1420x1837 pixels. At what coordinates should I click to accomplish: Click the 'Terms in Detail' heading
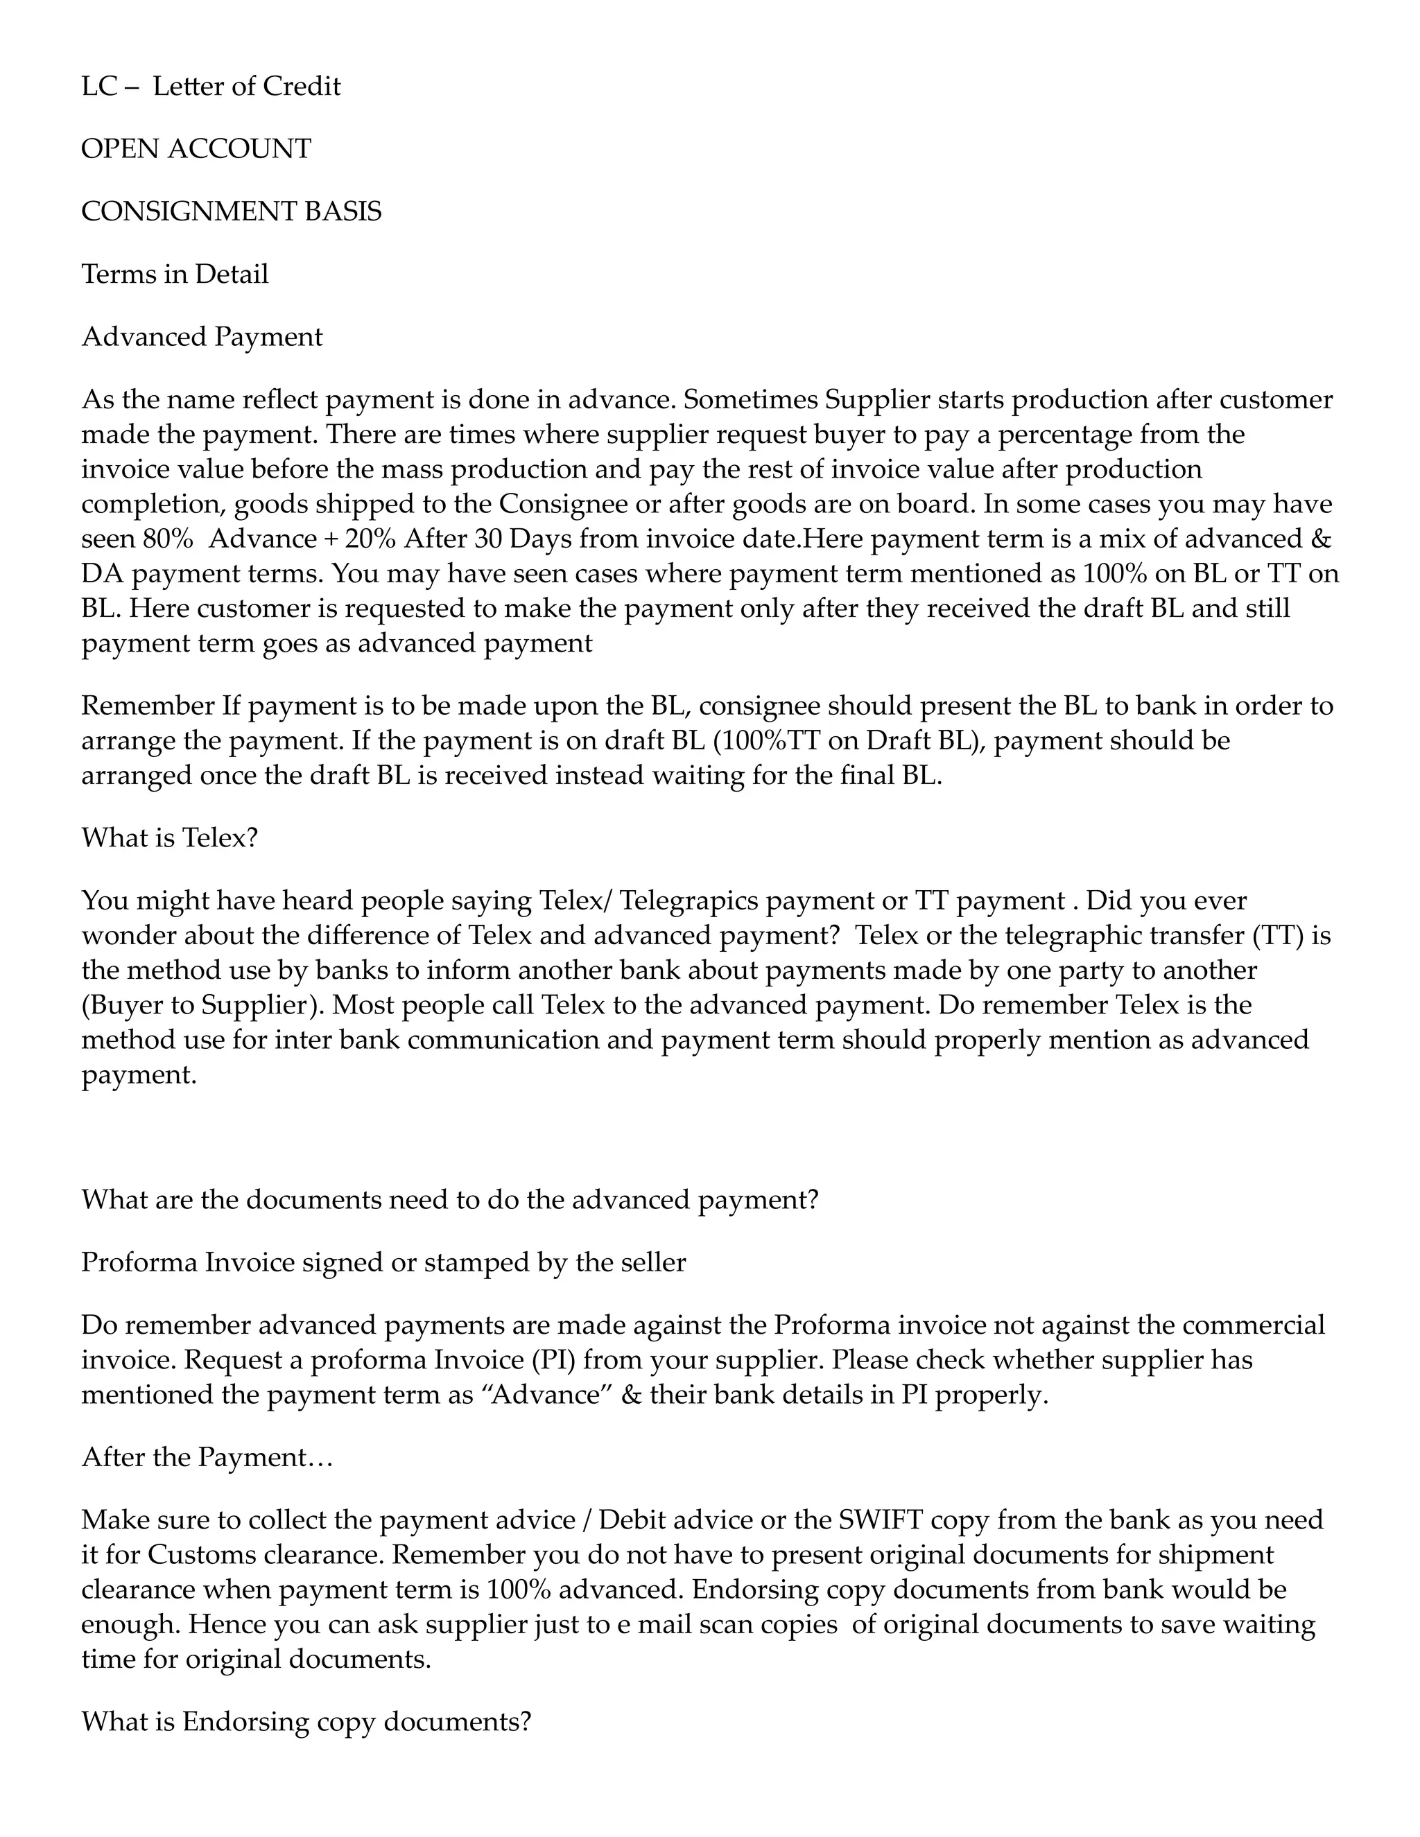(x=174, y=275)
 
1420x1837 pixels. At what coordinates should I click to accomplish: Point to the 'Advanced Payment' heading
(x=201, y=336)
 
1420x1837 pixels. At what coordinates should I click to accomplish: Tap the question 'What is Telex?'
(x=169, y=838)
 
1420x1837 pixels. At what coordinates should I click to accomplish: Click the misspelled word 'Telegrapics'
(x=689, y=901)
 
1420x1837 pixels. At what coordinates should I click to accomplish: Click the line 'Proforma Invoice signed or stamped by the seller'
(x=383, y=1262)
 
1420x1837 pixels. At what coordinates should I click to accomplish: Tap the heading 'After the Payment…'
(x=207, y=1458)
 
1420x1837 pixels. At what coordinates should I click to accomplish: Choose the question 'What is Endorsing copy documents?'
(x=306, y=1722)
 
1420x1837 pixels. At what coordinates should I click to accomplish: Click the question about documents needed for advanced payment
(x=449, y=1199)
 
